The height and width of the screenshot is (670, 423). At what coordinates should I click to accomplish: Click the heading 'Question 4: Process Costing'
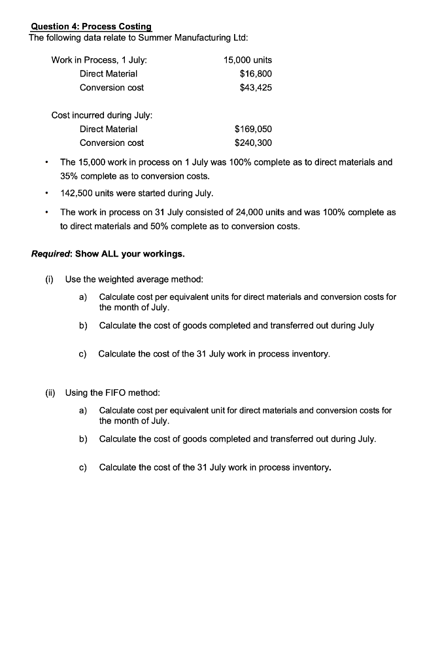(91, 27)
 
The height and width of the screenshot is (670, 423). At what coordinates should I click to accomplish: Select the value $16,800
(256, 74)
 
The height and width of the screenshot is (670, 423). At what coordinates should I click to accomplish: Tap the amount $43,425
(256, 88)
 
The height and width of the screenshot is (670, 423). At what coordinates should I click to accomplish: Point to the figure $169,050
(253, 129)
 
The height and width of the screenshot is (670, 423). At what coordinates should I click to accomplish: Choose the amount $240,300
(253, 143)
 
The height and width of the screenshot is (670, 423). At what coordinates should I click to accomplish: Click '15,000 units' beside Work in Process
(248, 60)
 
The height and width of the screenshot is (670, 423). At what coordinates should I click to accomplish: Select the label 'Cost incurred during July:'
(102, 115)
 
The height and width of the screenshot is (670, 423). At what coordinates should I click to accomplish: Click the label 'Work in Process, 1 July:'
(99, 60)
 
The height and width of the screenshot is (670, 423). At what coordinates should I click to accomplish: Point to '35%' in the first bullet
(70, 176)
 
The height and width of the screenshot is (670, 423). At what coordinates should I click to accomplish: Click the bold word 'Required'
(51, 254)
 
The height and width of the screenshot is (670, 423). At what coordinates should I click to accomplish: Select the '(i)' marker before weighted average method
(49, 280)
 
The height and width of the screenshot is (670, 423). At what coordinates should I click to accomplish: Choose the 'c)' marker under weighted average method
(83, 354)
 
